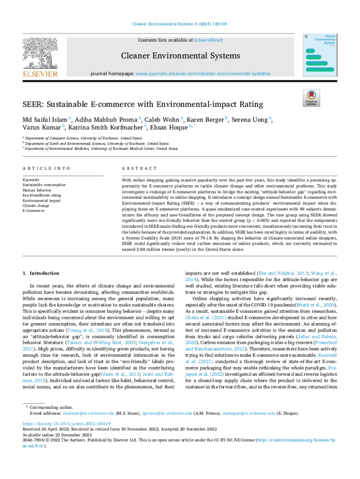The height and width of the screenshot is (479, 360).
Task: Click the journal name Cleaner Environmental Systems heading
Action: (x=180, y=56)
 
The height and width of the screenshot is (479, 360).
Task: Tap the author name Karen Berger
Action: (x=205, y=120)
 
